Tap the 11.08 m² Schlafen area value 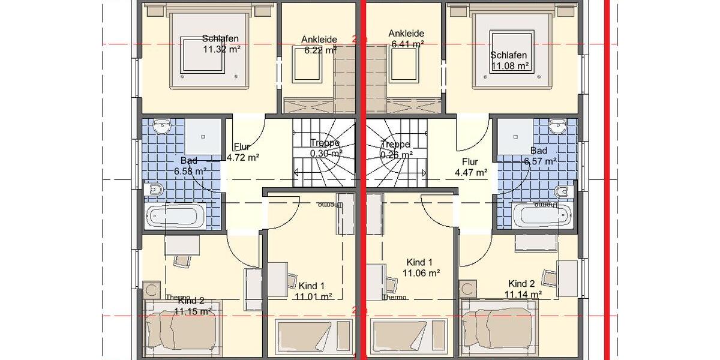(x=510, y=67)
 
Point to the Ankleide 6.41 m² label (x=407, y=44)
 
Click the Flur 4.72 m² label (x=242, y=158)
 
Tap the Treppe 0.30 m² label (x=325, y=153)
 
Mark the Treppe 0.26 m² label (x=395, y=154)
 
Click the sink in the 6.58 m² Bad (x=162, y=127)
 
